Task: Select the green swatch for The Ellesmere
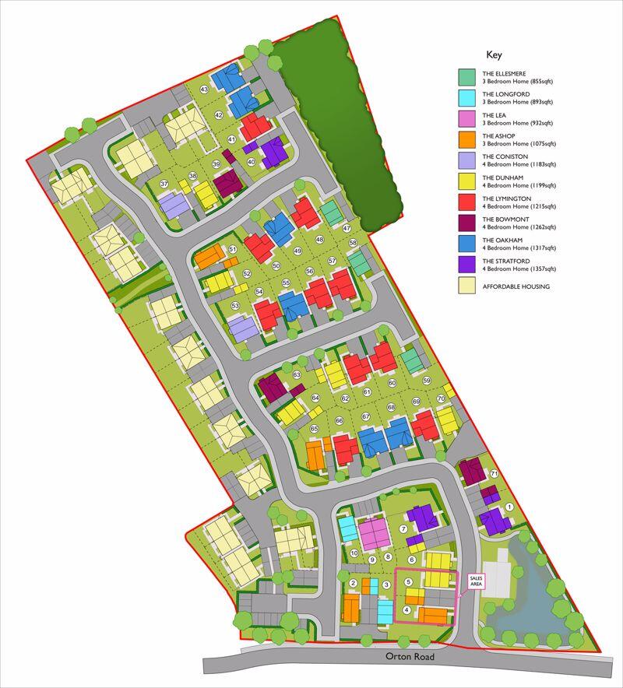pos(466,77)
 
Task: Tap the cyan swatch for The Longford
pos(466,97)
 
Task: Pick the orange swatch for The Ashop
pos(466,140)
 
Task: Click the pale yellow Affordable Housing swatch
pos(466,286)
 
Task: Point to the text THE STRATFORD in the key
pos(505,261)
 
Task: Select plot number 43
pos(205,90)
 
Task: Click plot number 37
pos(164,184)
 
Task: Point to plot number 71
pos(494,474)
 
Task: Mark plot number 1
pos(510,507)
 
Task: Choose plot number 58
pos(353,244)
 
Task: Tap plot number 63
pos(297,375)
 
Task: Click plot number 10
pos(354,553)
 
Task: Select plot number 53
pos(234,307)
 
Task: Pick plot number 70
pos(441,398)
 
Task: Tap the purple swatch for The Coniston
pos(466,160)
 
